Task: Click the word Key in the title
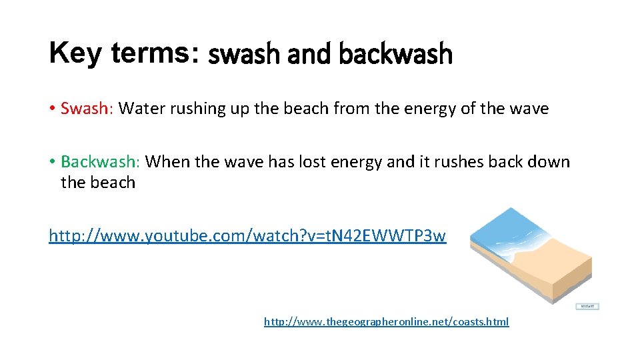pos(75,52)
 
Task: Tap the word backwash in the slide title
pos(395,55)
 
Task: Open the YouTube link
pos(247,235)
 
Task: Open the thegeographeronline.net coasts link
pos(386,322)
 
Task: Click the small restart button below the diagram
pos(587,307)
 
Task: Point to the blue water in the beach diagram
pos(513,230)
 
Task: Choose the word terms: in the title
pos(156,52)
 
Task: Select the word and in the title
pos(311,55)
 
